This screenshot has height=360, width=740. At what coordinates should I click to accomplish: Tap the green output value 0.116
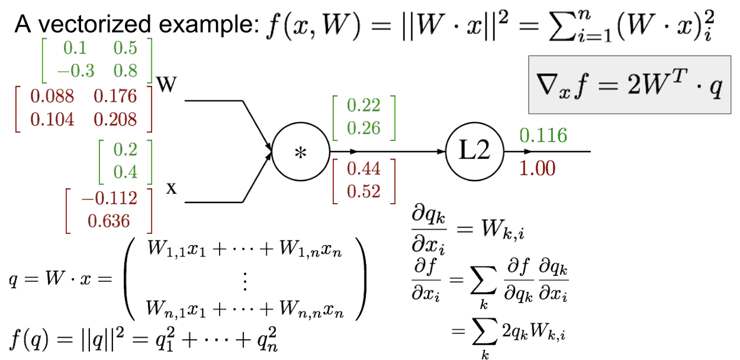[543, 136]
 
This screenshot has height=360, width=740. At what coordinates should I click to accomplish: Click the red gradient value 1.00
[538, 168]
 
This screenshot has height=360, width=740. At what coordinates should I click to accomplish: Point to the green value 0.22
[363, 105]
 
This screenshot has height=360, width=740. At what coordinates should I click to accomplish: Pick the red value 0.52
[363, 191]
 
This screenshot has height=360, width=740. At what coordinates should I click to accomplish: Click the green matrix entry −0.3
[76, 70]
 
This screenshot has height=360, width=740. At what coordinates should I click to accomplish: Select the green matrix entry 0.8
[125, 70]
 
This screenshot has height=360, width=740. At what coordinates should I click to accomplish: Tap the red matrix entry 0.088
[52, 96]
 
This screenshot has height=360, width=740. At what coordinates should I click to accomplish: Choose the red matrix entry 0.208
[115, 119]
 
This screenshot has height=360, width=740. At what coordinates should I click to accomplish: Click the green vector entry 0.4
[125, 172]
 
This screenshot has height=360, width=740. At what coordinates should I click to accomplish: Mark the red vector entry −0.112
[110, 198]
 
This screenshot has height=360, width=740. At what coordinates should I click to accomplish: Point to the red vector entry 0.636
[109, 221]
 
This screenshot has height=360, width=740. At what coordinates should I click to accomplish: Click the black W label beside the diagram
[166, 85]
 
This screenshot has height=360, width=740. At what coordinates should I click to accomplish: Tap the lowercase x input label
[172, 188]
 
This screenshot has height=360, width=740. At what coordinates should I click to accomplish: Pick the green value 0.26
[363, 128]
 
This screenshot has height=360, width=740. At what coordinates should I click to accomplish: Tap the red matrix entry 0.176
[115, 96]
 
